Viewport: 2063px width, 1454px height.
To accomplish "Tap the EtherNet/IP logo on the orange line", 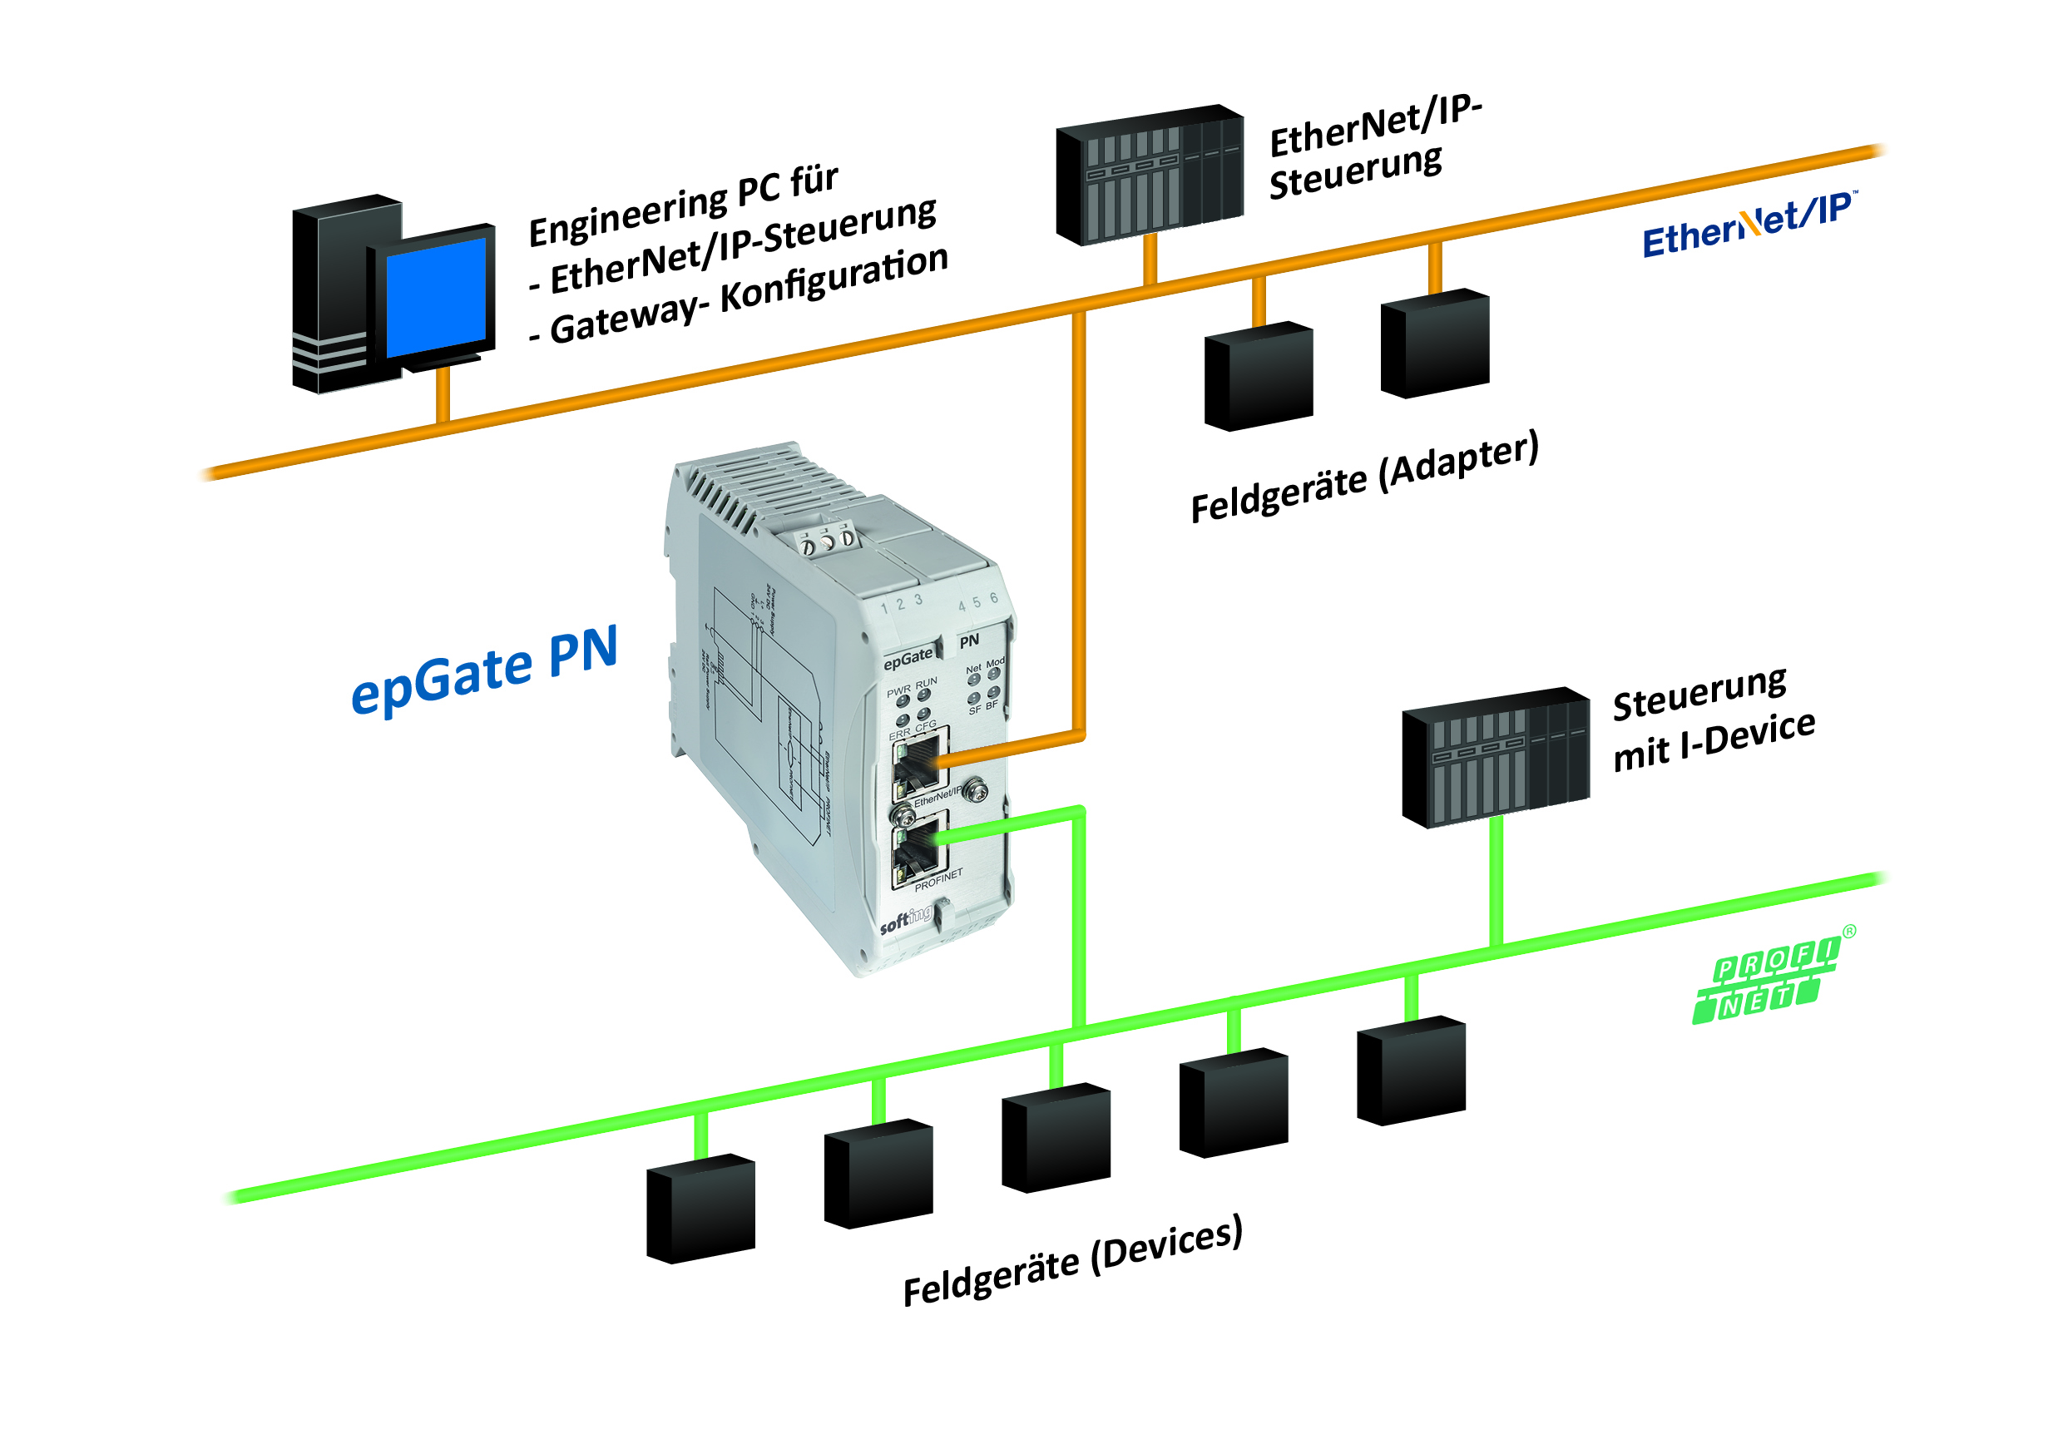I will pyautogui.click(x=1747, y=225).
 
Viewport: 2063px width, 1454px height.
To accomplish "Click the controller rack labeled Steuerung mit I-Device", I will pyautogui.click(x=1495, y=757).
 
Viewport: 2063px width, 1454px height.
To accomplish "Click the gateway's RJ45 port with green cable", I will pyautogui.click(x=915, y=848).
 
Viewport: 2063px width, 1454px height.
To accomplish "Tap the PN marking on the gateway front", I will pyautogui.click(x=968, y=641).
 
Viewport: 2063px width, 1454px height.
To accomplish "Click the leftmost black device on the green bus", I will pyautogui.click(x=701, y=1208).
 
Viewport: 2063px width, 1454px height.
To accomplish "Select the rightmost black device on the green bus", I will pyautogui.click(x=1411, y=1071).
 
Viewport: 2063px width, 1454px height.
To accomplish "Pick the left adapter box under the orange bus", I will pyautogui.click(x=1258, y=377).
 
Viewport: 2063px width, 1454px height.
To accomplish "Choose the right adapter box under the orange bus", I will pyautogui.click(x=1435, y=344).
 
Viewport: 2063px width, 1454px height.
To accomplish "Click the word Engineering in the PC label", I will pyautogui.click(x=627, y=215).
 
